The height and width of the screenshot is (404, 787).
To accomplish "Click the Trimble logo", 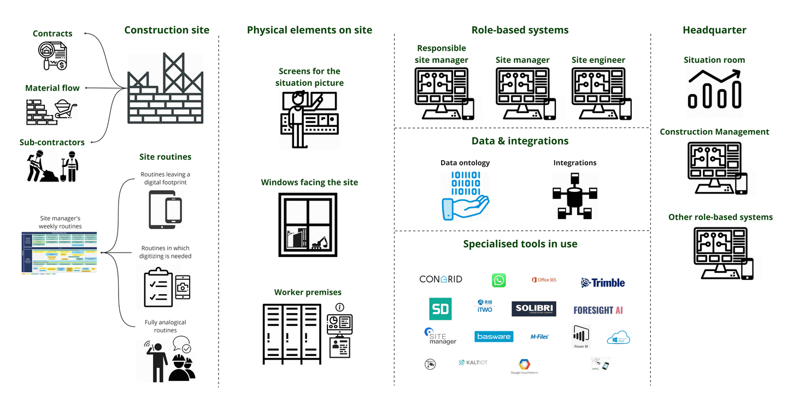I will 603,283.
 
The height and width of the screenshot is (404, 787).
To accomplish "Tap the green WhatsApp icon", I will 498,280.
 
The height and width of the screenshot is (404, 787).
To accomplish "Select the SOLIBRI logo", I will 534,309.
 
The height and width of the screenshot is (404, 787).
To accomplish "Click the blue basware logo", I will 494,336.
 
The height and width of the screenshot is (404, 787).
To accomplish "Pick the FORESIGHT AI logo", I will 598,310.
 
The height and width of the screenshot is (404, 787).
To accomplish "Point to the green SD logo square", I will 440,309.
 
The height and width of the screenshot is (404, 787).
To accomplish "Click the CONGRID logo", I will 441,279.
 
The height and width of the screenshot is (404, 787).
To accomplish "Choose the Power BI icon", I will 580,336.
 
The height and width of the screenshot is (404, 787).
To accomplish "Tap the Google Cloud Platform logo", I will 525,366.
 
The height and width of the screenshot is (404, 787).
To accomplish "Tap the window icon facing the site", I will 309,225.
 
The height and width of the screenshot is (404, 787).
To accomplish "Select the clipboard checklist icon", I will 158,287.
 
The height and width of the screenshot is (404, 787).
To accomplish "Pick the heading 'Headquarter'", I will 714,30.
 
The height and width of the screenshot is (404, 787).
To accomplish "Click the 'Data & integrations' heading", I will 520,141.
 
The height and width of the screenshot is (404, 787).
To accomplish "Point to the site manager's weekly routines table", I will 59,252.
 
